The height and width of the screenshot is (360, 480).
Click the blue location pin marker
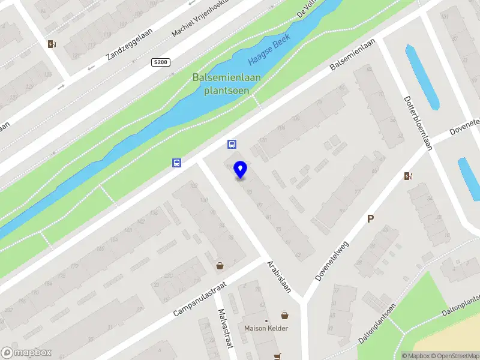(x=240, y=170)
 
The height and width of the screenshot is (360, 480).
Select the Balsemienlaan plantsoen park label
(x=221, y=83)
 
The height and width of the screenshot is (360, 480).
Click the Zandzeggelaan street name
(x=130, y=43)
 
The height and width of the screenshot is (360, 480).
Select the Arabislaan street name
(x=278, y=276)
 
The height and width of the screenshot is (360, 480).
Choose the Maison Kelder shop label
(x=266, y=328)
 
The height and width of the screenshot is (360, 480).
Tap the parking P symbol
(x=371, y=219)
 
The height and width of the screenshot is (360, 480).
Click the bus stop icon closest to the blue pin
(x=232, y=144)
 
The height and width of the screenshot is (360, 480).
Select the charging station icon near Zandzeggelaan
(x=52, y=43)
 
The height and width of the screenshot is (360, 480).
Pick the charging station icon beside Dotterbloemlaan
(x=409, y=176)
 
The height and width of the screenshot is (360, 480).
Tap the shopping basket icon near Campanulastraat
(x=220, y=265)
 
